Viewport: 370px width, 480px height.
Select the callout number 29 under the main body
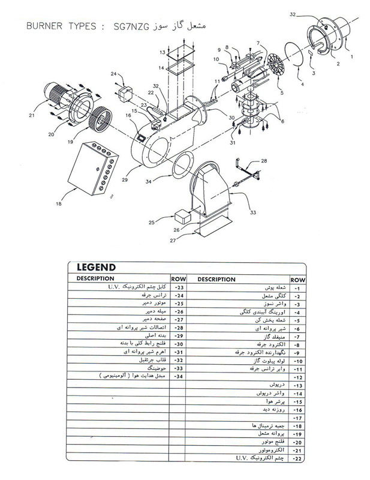tap(125, 179)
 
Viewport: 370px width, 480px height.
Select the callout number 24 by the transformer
tap(113, 74)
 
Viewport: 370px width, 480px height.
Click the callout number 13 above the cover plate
tap(161, 53)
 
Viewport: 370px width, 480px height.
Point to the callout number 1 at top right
tap(351, 55)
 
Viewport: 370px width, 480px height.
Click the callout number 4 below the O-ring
tap(302, 85)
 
